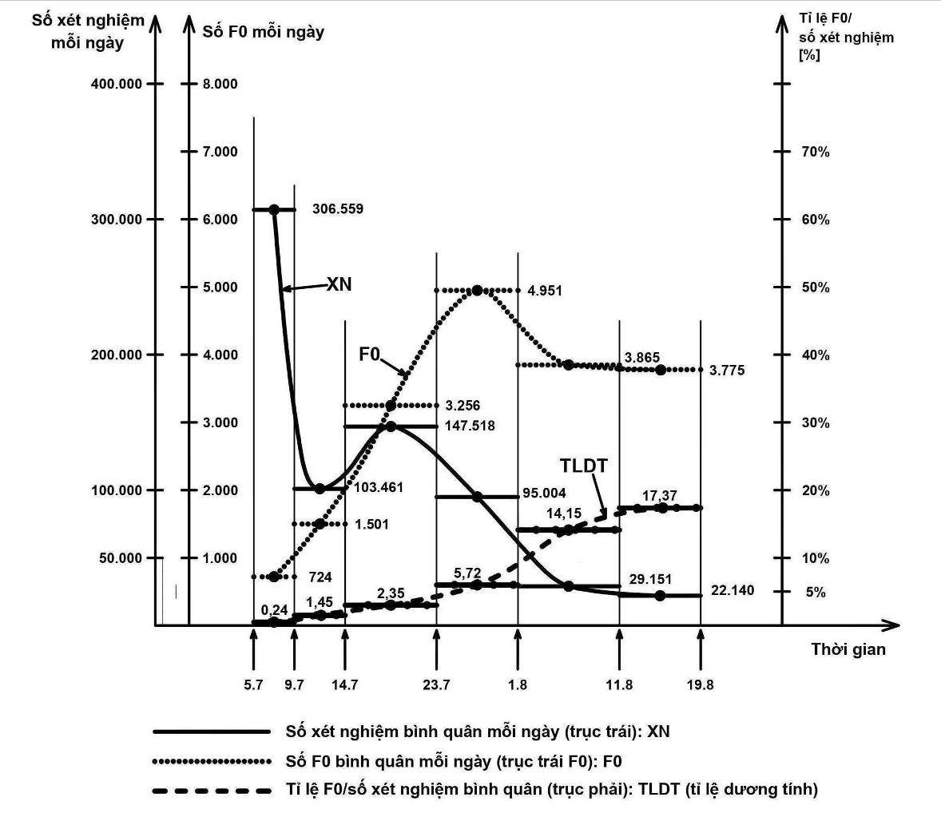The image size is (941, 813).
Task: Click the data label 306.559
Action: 337,209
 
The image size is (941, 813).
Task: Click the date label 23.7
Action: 436,685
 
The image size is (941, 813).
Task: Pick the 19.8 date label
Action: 700,685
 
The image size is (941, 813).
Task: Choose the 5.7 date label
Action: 253,685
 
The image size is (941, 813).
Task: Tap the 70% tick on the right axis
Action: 815,152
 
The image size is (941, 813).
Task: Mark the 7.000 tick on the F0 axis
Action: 219,152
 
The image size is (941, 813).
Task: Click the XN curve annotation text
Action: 339,284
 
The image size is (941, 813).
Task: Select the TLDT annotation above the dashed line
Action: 584,466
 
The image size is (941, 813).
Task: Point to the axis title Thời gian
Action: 848,649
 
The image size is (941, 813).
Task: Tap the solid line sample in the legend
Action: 211,731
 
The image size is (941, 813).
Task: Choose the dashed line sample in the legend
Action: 211,790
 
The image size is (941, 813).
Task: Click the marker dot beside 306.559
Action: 274,209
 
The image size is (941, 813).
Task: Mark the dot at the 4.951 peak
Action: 477,290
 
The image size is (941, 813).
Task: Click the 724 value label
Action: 321,577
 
